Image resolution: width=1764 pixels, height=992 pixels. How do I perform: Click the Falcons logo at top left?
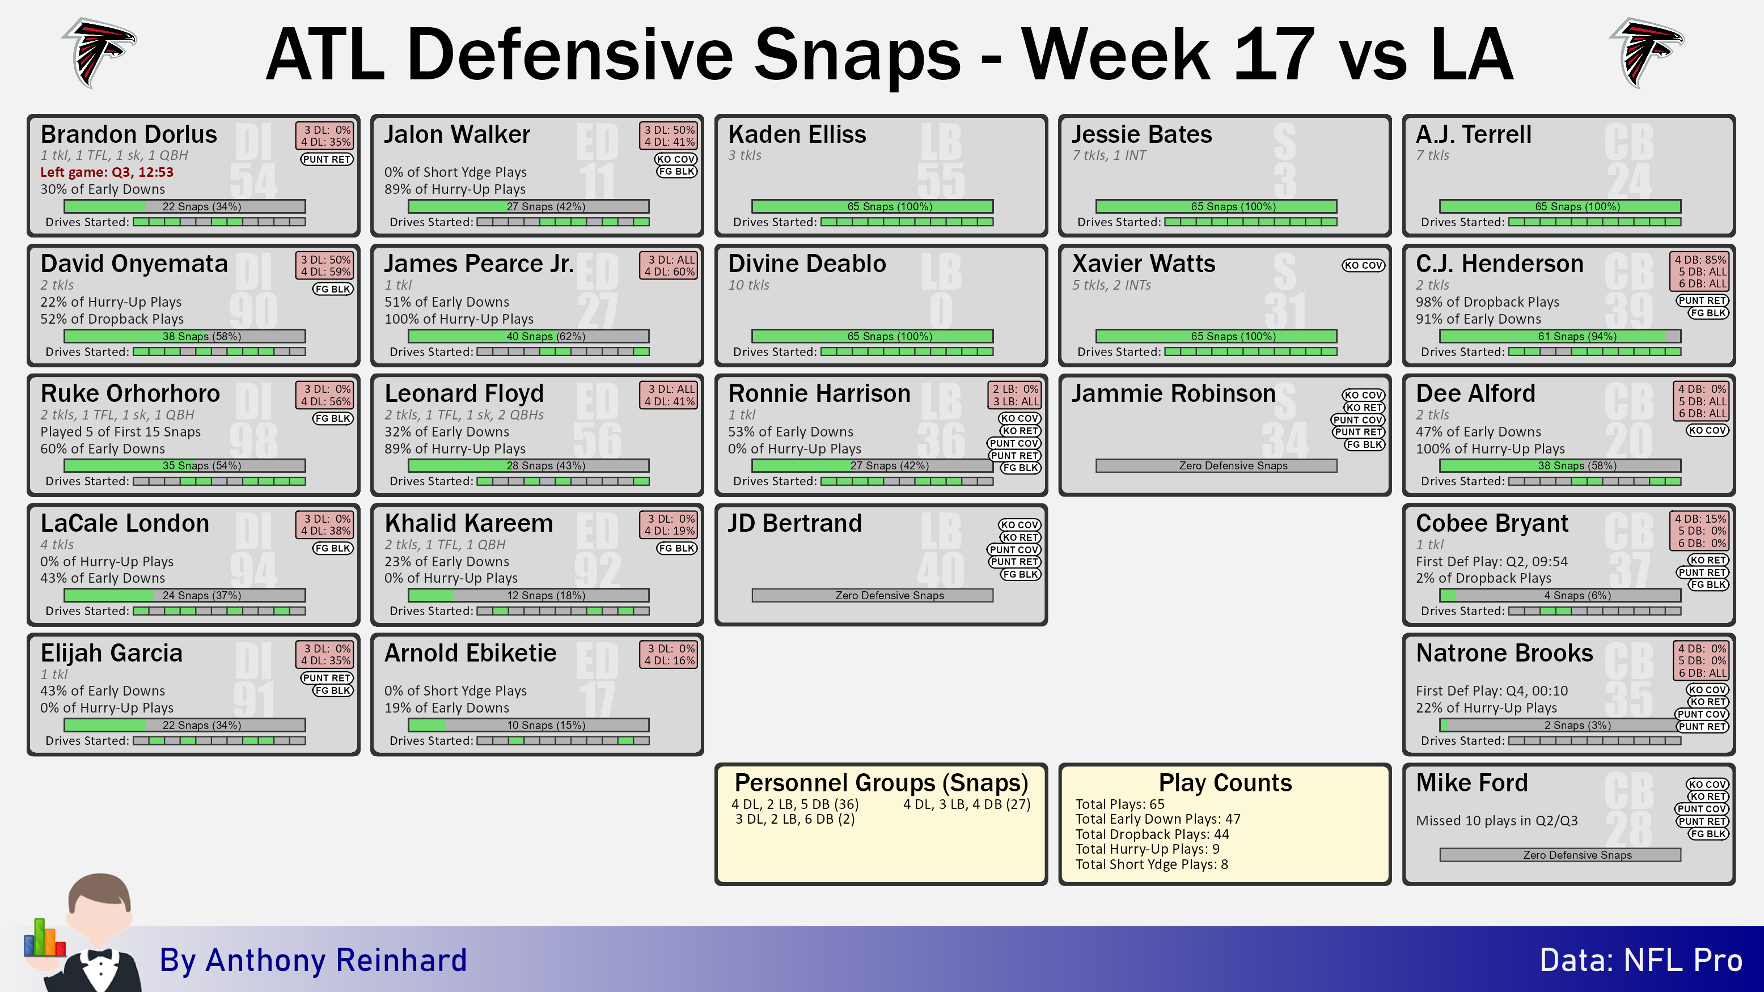[99, 53]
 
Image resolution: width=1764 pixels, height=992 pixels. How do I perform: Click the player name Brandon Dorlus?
[129, 134]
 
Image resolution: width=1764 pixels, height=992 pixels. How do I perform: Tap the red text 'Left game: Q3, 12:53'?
[107, 172]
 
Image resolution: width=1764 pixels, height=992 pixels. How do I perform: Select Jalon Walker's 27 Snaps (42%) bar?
[528, 206]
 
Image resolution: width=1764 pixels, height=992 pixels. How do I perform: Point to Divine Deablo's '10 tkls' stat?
[748, 285]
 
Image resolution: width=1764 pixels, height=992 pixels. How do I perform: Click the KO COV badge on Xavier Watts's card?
[1363, 265]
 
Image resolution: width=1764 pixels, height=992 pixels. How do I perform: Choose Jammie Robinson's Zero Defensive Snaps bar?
[1216, 465]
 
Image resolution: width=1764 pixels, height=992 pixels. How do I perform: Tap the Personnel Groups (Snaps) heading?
[881, 782]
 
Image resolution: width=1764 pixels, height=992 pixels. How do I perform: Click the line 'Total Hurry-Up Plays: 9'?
[1147, 849]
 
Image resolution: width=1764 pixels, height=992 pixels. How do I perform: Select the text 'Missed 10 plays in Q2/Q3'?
[1497, 820]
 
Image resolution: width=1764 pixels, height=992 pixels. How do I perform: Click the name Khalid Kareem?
[468, 523]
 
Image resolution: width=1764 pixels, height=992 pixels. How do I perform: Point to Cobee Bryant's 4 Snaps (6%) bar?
[1560, 596]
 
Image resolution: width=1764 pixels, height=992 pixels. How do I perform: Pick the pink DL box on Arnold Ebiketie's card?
[669, 655]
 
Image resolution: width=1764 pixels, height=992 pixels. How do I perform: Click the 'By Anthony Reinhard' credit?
[313, 960]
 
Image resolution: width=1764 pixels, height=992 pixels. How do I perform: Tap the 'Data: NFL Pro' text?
[1641, 960]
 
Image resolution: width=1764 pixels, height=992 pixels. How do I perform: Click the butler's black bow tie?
[100, 955]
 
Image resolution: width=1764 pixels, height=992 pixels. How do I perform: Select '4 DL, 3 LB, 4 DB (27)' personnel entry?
[966, 804]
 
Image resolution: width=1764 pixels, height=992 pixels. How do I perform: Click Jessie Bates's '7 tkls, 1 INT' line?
[1109, 155]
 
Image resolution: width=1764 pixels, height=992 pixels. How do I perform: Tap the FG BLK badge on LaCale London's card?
[333, 548]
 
